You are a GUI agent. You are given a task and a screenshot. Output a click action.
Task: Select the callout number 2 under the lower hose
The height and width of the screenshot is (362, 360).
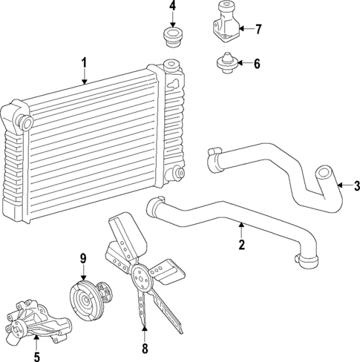coord(241,244)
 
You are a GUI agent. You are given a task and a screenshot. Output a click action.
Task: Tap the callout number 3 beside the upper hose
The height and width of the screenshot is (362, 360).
coord(356,185)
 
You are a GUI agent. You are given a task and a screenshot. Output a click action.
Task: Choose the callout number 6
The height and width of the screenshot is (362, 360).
coord(256,64)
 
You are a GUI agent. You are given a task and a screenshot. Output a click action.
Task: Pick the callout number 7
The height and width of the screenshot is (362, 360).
coord(258,30)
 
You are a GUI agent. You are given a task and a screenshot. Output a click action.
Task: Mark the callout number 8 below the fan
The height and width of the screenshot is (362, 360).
coord(145,348)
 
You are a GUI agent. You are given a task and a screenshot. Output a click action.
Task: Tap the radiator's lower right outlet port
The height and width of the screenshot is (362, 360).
coord(178,174)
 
